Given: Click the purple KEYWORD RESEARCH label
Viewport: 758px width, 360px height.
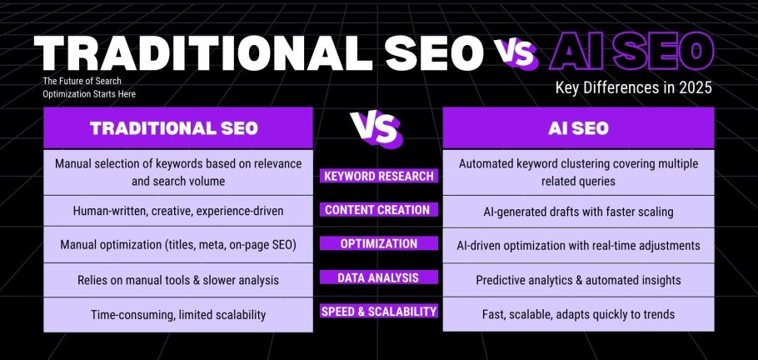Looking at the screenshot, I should point(378,176).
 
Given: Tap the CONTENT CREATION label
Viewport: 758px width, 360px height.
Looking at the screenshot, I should point(378,210).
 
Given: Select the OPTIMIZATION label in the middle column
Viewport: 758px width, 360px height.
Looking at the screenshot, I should point(378,244).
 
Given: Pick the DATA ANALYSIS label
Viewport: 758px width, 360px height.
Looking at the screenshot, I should point(378,277).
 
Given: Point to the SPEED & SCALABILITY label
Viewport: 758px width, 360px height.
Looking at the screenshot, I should point(378,312).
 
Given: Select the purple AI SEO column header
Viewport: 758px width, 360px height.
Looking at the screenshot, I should point(578,128).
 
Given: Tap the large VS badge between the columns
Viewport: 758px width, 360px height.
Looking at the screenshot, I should point(376,128).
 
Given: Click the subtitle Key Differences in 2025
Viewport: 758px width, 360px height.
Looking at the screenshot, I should point(633,89).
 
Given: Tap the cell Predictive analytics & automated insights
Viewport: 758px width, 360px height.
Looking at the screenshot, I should point(578,280).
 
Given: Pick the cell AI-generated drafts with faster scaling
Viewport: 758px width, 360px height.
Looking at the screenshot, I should point(578,212).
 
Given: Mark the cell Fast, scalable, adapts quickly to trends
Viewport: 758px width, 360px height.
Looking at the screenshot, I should point(578,315).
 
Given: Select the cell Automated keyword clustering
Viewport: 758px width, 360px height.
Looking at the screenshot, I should point(578,172).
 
